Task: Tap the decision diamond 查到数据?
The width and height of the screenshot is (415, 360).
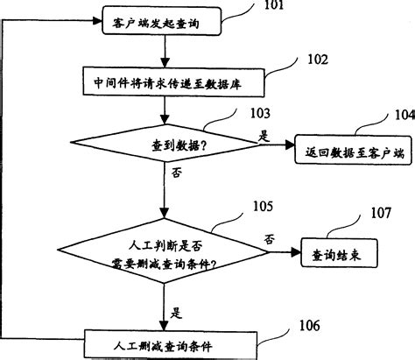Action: coord(165,145)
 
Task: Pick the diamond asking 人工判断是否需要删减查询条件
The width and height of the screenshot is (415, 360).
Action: coord(165,248)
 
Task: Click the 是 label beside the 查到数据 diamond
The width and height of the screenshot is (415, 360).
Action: coord(264,137)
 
